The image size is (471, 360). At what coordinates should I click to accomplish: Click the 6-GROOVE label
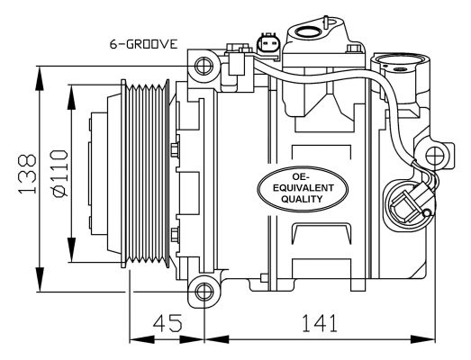point(143,44)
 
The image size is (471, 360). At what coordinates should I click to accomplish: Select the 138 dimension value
point(27,174)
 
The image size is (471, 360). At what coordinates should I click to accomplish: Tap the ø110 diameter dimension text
point(59,173)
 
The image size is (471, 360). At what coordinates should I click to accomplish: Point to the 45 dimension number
point(168,323)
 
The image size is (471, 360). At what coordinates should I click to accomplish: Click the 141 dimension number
point(320,323)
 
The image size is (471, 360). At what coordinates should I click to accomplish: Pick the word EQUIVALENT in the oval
point(303,188)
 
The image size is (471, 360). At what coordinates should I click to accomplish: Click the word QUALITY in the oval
point(302,199)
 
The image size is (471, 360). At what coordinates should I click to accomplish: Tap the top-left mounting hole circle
point(204,66)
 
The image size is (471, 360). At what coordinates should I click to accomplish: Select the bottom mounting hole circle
point(204,292)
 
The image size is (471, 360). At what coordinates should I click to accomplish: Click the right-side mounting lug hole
point(435,155)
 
